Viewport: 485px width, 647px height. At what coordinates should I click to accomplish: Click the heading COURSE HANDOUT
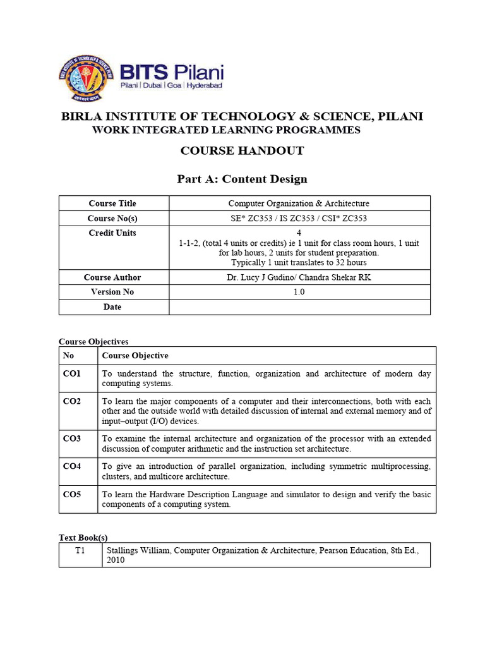pyautogui.click(x=242, y=150)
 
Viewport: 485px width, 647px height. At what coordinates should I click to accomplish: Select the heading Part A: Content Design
pyautogui.click(x=242, y=179)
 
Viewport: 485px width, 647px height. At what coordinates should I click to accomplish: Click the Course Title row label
pyautogui.click(x=112, y=203)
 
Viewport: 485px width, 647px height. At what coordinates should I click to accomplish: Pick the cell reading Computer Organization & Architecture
pyautogui.click(x=299, y=203)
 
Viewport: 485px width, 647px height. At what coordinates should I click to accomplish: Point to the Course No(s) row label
pyautogui.click(x=112, y=219)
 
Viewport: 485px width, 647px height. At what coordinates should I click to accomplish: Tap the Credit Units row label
pyautogui.click(x=112, y=233)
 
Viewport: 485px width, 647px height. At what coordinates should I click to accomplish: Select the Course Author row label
pyautogui.click(x=112, y=277)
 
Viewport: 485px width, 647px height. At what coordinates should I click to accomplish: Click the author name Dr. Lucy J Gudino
pyautogui.click(x=261, y=277)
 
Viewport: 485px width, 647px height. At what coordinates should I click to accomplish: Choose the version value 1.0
pyautogui.click(x=299, y=292)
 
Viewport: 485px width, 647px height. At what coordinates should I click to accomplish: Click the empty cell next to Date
pyautogui.click(x=299, y=307)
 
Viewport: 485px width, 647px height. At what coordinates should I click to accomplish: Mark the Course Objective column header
pyautogui.click(x=135, y=356)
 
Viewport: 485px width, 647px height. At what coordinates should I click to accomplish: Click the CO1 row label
pyautogui.click(x=72, y=374)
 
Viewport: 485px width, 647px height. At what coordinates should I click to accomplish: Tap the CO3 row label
pyautogui.click(x=72, y=438)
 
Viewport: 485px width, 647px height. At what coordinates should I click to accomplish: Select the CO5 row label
pyautogui.click(x=72, y=495)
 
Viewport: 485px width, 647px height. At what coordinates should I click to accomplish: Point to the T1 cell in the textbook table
pyautogui.click(x=80, y=550)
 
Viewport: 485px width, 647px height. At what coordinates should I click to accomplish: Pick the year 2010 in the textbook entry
pyautogui.click(x=116, y=560)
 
